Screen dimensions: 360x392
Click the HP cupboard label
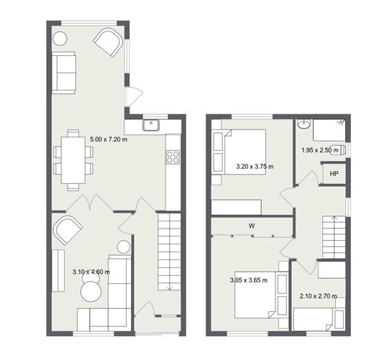click(x=334, y=175)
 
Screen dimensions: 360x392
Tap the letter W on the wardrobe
click(x=252, y=226)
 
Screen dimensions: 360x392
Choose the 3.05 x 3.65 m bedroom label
click(x=248, y=280)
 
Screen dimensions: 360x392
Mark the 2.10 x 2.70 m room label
click(x=319, y=296)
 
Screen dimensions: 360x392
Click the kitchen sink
click(x=151, y=126)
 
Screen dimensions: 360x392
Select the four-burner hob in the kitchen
click(x=173, y=156)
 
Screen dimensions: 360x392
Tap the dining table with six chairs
click(x=73, y=160)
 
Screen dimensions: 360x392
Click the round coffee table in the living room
click(x=91, y=291)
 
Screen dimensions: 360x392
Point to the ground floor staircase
click(x=168, y=251)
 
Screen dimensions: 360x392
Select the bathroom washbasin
click(x=303, y=124)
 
